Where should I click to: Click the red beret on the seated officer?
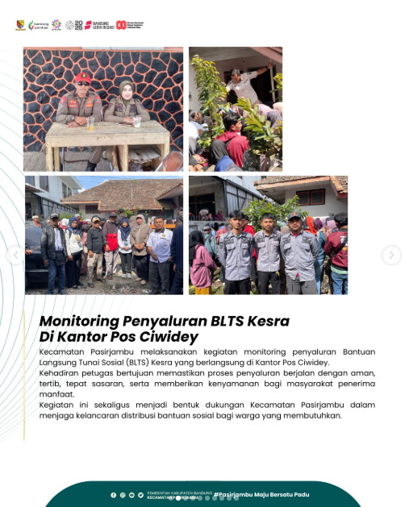[82, 77]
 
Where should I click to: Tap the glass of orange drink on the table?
[91, 123]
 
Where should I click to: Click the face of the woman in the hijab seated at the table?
[126, 89]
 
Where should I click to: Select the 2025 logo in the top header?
[73, 25]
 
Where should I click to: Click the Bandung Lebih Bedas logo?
[99, 25]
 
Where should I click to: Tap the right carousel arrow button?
[390, 256]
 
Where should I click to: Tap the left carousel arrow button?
[15, 256]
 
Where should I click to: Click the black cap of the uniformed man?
[295, 216]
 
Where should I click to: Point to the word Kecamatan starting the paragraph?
[58, 353]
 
